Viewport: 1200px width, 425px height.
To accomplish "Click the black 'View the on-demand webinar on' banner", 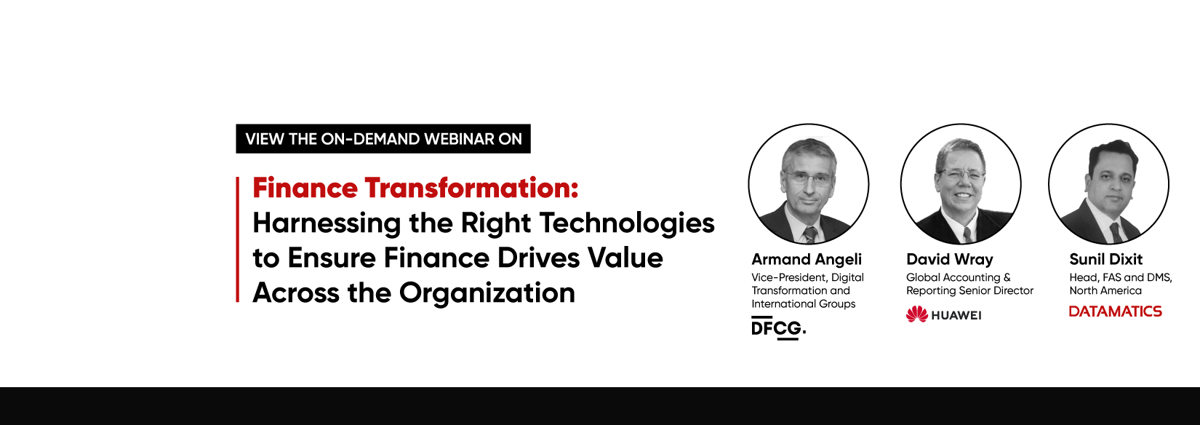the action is click(383, 139).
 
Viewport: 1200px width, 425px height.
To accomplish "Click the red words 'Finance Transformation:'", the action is click(416, 188).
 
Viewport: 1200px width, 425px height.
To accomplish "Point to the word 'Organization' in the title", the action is click(487, 293).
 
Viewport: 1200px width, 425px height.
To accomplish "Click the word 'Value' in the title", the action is click(625, 258).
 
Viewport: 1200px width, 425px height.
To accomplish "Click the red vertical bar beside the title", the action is click(237, 239).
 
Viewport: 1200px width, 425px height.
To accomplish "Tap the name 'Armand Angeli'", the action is click(807, 259).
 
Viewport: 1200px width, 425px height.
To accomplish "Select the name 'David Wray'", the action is click(949, 259).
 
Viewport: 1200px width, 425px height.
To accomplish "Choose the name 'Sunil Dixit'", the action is click(1105, 259).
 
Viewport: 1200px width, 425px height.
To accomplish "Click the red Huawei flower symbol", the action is click(916, 314).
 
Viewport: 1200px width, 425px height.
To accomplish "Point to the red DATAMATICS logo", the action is click(1116, 311).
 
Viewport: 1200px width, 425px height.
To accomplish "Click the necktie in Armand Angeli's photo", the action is click(810, 234).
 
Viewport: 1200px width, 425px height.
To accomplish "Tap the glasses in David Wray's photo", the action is click(961, 175).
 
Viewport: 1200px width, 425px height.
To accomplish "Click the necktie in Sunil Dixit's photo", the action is click(1116, 233).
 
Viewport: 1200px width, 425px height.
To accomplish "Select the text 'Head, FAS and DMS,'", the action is click(1121, 277).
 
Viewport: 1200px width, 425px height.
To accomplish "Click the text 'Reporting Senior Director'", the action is click(969, 290).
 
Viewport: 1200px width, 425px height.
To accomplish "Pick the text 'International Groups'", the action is click(803, 304).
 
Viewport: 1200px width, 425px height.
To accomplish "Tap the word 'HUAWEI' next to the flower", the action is click(956, 316).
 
